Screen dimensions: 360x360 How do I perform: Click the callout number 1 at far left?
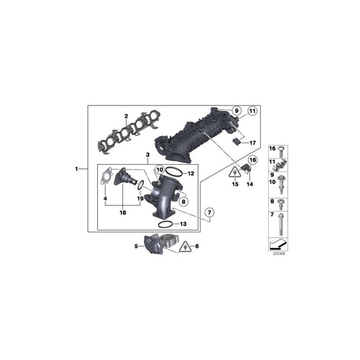tap(76, 168)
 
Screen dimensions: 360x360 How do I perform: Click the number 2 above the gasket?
tap(125, 115)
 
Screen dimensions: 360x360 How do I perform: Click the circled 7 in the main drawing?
tap(210, 214)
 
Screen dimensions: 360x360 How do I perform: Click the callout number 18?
tap(122, 213)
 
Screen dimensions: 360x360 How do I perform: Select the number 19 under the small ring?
tap(140, 199)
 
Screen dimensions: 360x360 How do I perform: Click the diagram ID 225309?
tap(277, 255)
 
